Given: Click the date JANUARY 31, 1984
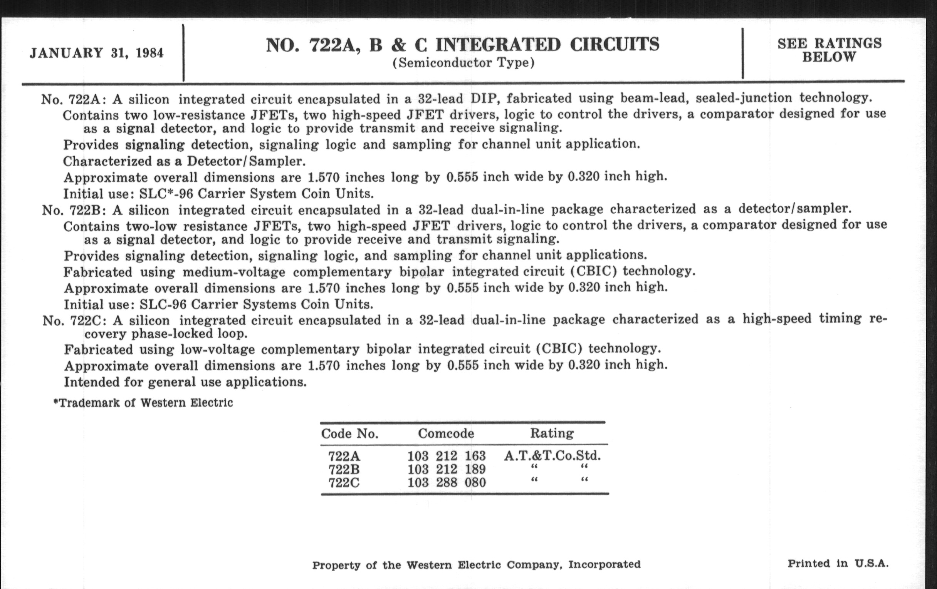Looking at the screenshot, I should pyautogui.click(x=96, y=53).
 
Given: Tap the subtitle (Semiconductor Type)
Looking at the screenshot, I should pyautogui.click(x=463, y=63).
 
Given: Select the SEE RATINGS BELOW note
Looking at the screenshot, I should pyautogui.click(x=829, y=50).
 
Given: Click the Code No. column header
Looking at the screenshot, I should pyautogui.click(x=349, y=433).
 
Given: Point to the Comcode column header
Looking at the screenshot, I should pyautogui.click(x=446, y=433).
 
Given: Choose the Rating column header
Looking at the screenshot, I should pyautogui.click(x=552, y=433).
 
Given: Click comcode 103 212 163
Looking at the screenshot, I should pyautogui.click(x=446, y=455).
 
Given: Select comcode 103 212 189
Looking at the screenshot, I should pyautogui.click(x=446, y=469).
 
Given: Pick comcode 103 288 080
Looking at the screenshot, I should pyautogui.click(x=446, y=482).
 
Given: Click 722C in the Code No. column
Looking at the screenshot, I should pyautogui.click(x=344, y=482).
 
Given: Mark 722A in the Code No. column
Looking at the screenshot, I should pyautogui.click(x=344, y=456).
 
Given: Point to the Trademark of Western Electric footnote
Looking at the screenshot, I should pyautogui.click(x=143, y=403).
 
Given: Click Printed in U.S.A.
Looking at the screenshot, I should pyautogui.click(x=838, y=563).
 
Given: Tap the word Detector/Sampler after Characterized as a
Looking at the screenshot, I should pyautogui.click(x=246, y=161).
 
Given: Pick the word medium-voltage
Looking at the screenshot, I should pyautogui.click(x=234, y=272).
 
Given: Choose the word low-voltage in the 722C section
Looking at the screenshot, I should pyautogui.click(x=218, y=349).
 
